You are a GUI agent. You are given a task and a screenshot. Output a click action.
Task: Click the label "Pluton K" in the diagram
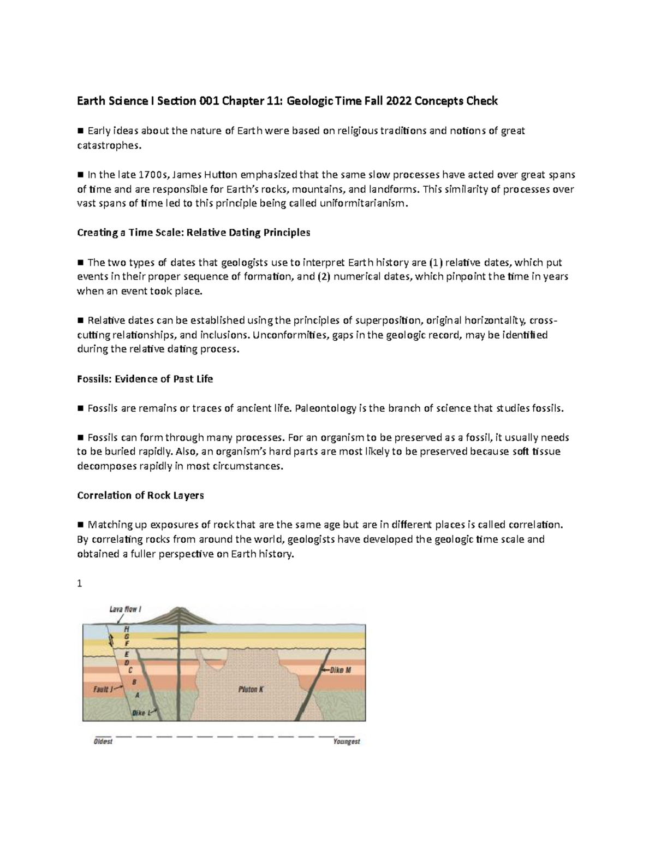[x=251, y=689]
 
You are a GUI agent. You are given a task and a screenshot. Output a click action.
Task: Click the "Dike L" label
[x=139, y=713]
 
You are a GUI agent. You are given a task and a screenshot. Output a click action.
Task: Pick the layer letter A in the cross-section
[x=137, y=695]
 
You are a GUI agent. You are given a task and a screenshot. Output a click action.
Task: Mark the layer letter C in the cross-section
[x=130, y=669]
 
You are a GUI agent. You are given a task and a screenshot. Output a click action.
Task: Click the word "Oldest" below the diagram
[x=103, y=742]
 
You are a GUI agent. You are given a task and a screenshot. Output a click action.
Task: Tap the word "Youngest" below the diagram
[x=347, y=742]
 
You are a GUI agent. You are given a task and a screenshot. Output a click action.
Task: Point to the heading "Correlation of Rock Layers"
[x=140, y=495]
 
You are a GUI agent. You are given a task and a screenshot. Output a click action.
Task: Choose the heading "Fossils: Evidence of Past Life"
[x=145, y=379]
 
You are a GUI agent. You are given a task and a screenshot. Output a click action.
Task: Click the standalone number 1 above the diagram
[x=80, y=584]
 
